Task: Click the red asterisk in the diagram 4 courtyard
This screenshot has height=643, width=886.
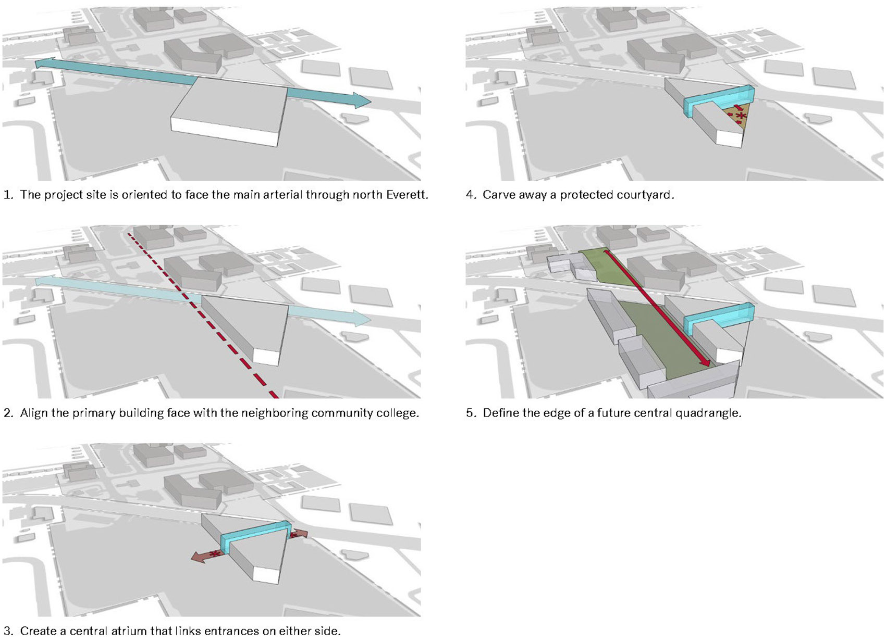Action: (741, 116)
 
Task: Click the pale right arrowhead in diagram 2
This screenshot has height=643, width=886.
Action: (362, 318)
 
